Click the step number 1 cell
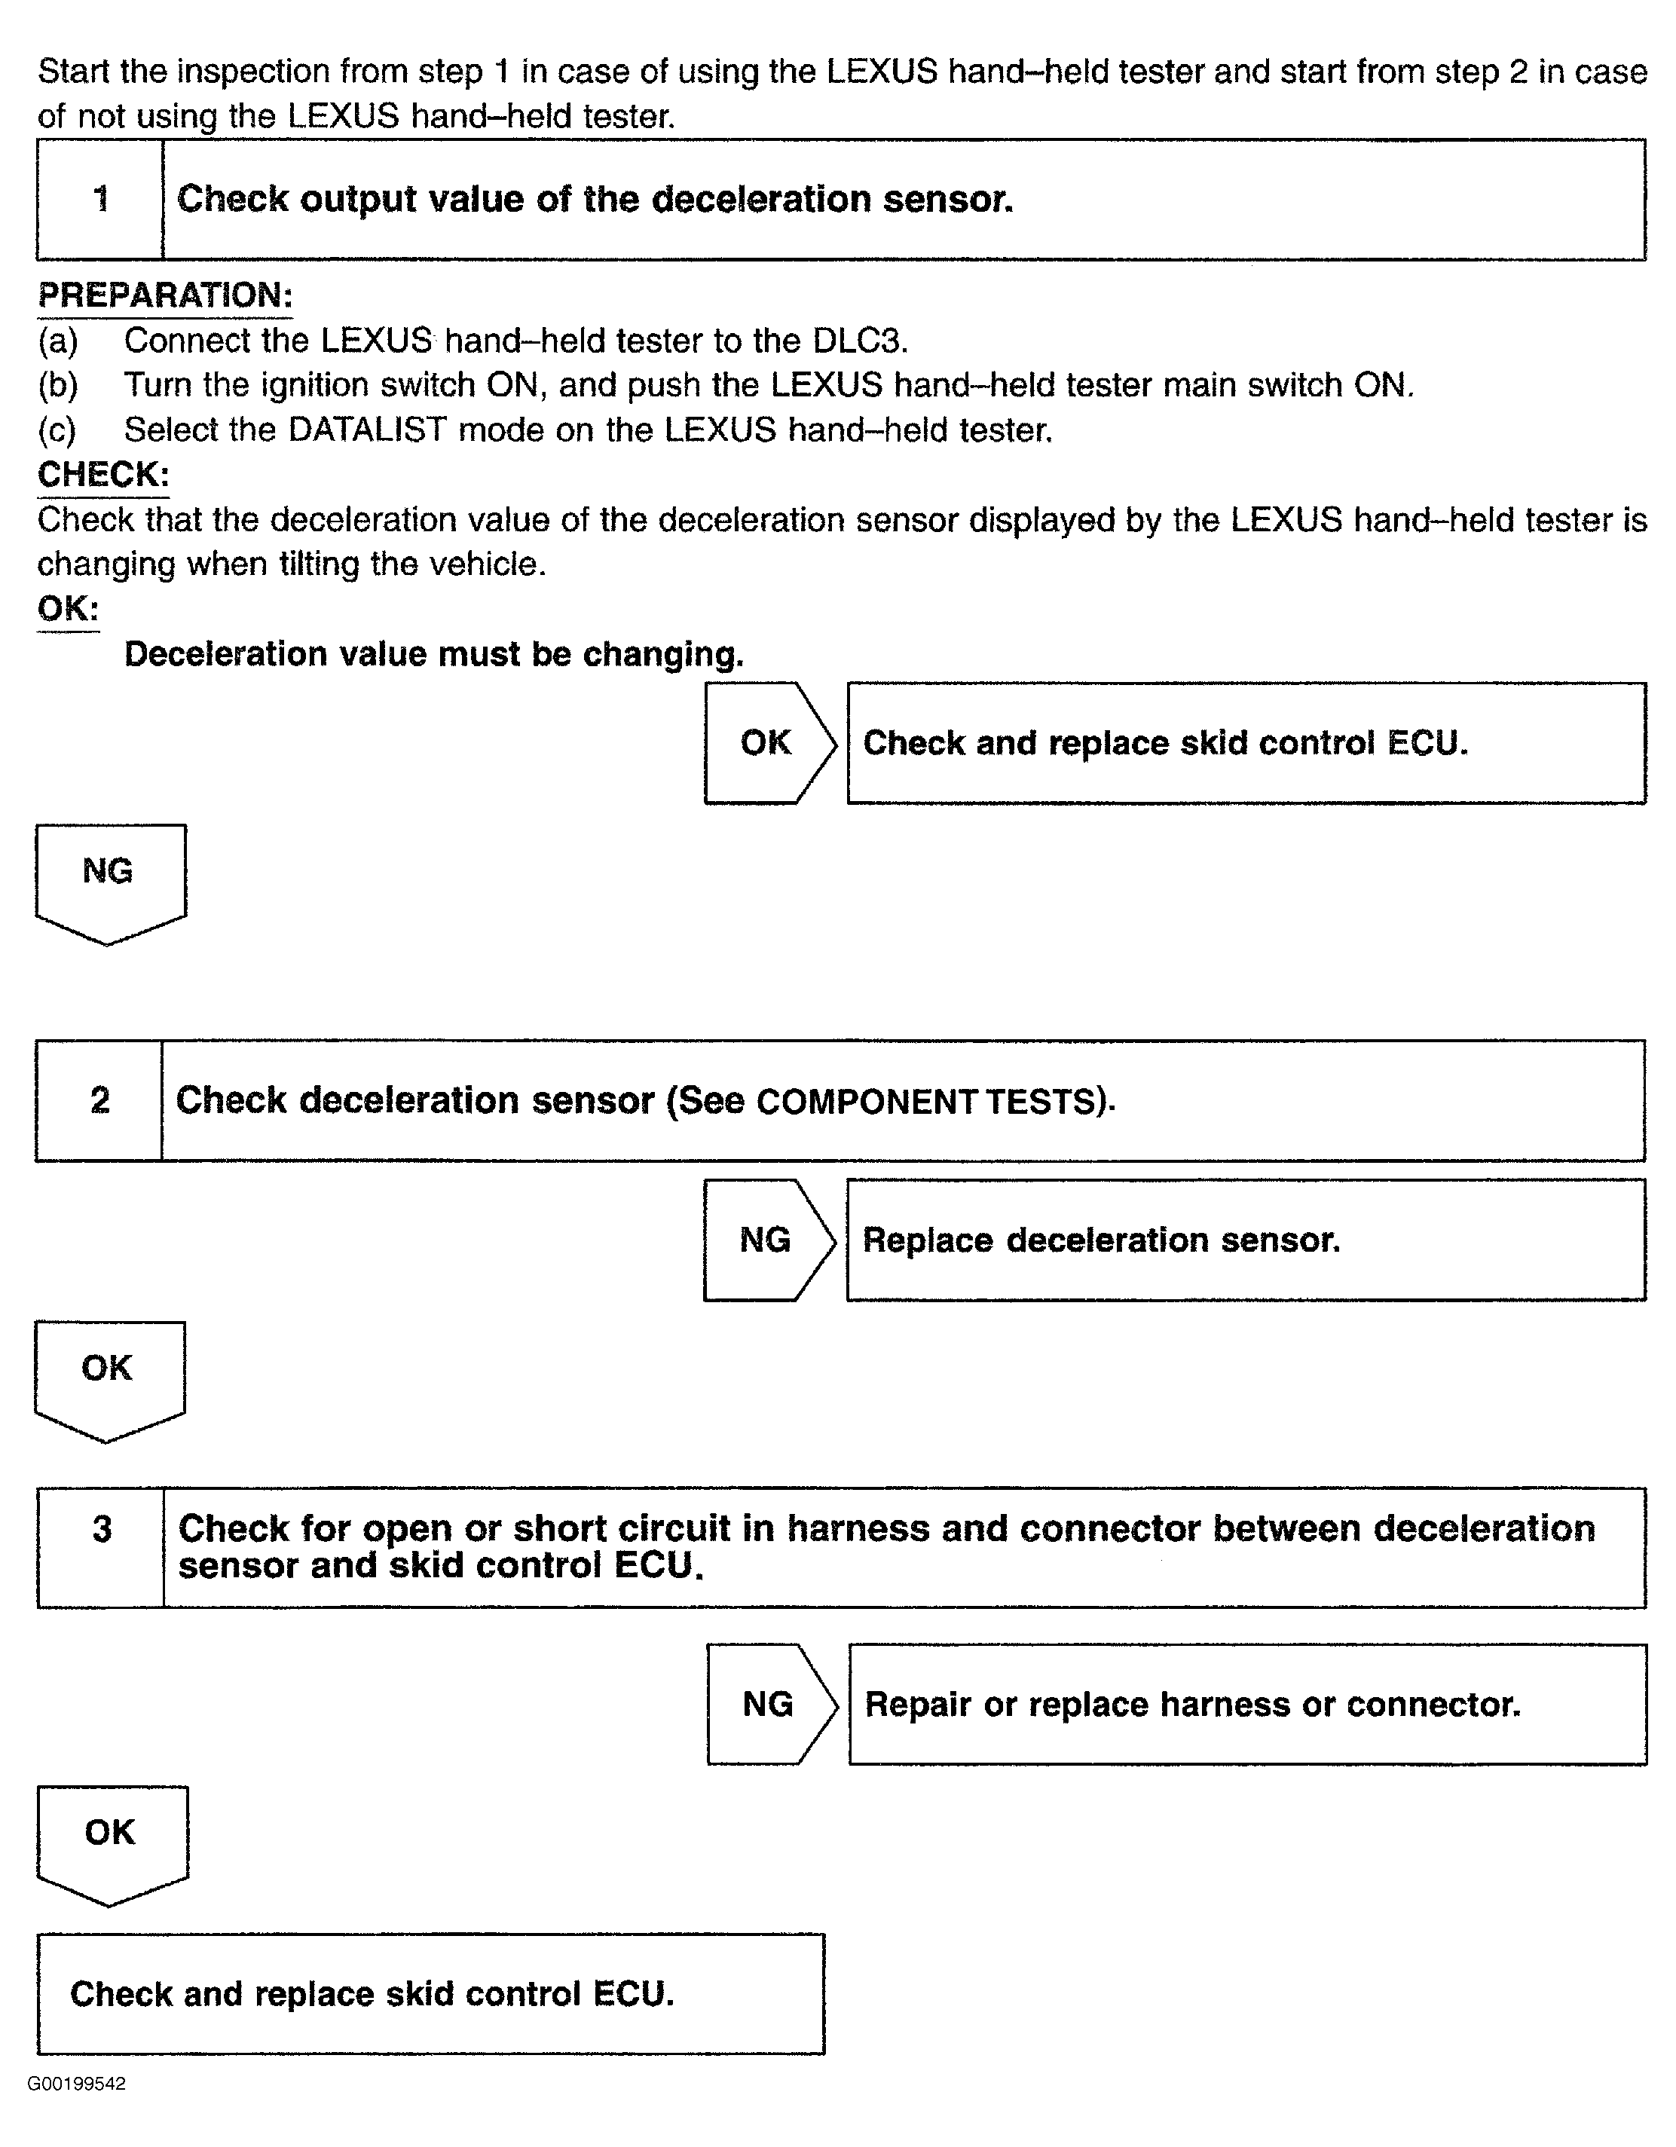[x=100, y=200]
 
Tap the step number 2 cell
[x=99, y=1100]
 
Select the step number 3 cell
[x=101, y=1547]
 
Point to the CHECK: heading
[x=103, y=475]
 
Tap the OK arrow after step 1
[x=768, y=743]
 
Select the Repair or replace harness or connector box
[x=1246, y=1705]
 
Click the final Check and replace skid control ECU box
[x=430, y=1994]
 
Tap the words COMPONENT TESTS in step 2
[x=925, y=1102]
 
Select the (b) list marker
[x=57, y=385]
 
